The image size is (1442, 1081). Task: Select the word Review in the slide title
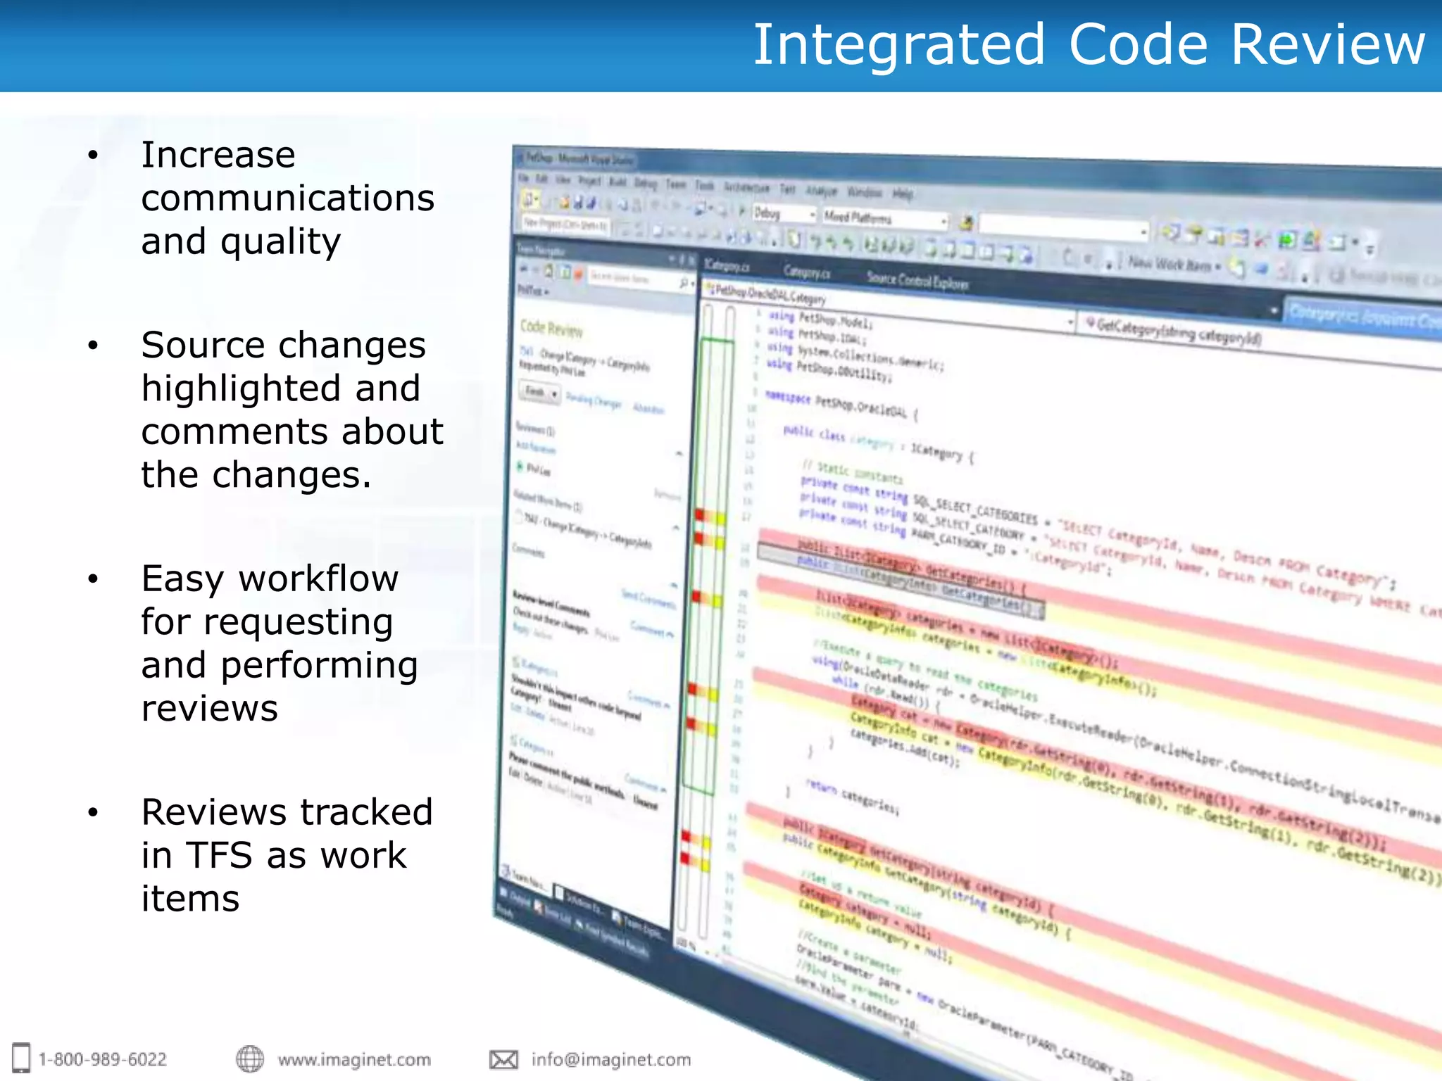coord(1328,45)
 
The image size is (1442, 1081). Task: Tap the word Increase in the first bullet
coord(218,155)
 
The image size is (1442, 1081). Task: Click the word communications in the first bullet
coord(288,198)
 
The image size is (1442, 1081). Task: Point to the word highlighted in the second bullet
coord(281,388)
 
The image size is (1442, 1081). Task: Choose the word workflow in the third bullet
coord(318,579)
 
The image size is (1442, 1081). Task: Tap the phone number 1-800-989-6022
coord(103,1059)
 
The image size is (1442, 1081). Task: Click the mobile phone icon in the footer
coord(21,1058)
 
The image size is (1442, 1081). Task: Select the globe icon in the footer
coord(250,1058)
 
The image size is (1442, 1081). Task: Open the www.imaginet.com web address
coord(354,1059)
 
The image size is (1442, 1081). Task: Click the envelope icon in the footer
coord(503,1059)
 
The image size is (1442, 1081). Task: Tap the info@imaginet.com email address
coord(611,1059)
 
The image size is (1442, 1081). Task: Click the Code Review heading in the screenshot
coord(551,328)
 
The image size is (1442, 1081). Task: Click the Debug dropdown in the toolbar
coord(784,213)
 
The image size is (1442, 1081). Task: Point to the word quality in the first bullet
coord(280,241)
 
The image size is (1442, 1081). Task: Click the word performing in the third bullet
coord(319,665)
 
